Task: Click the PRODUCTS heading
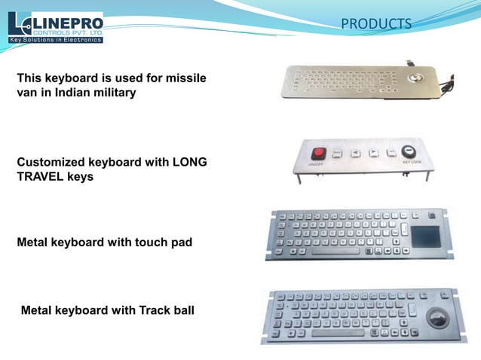pyautogui.click(x=376, y=24)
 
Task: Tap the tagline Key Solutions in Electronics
pyautogui.click(x=55, y=39)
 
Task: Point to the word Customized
pyautogui.click(x=51, y=162)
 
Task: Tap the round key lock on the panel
pyautogui.click(x=409, y=151)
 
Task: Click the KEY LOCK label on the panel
pyautogui.click(x=411, y=162)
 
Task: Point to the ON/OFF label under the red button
pyautogui.click(x=317, y=164)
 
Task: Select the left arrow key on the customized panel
pyautogui.click(x=356, y=154)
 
